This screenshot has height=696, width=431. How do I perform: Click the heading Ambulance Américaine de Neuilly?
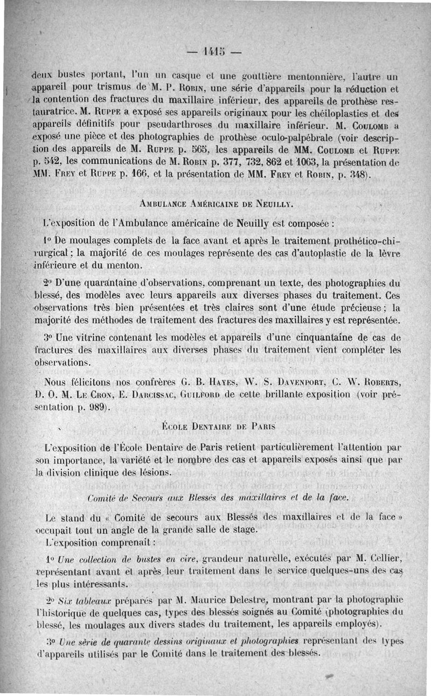[x=215, y=204]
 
